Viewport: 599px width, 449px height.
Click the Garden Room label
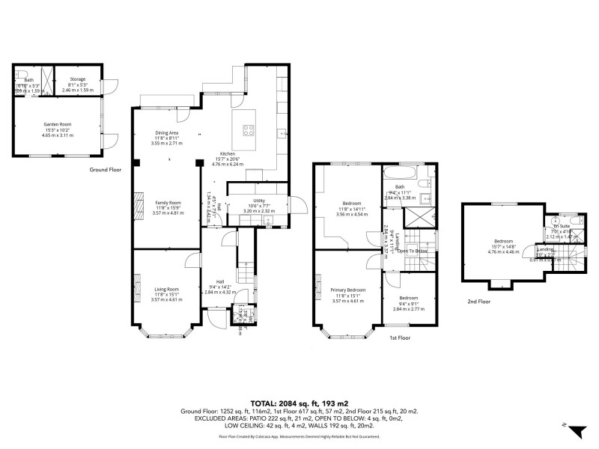coord(50,123)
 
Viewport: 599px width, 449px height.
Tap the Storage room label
coord(78,79)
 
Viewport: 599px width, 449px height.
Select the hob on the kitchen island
coord(249,129)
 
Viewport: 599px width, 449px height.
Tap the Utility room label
coord(260,201)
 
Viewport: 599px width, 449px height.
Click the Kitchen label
coord(227,153)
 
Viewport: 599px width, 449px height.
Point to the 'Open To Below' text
coord(412,251)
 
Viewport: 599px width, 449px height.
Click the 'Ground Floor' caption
coord(105,170)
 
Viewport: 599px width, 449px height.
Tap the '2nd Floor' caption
coord(479,302)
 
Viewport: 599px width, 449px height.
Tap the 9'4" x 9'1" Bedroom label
coord(408,298)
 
